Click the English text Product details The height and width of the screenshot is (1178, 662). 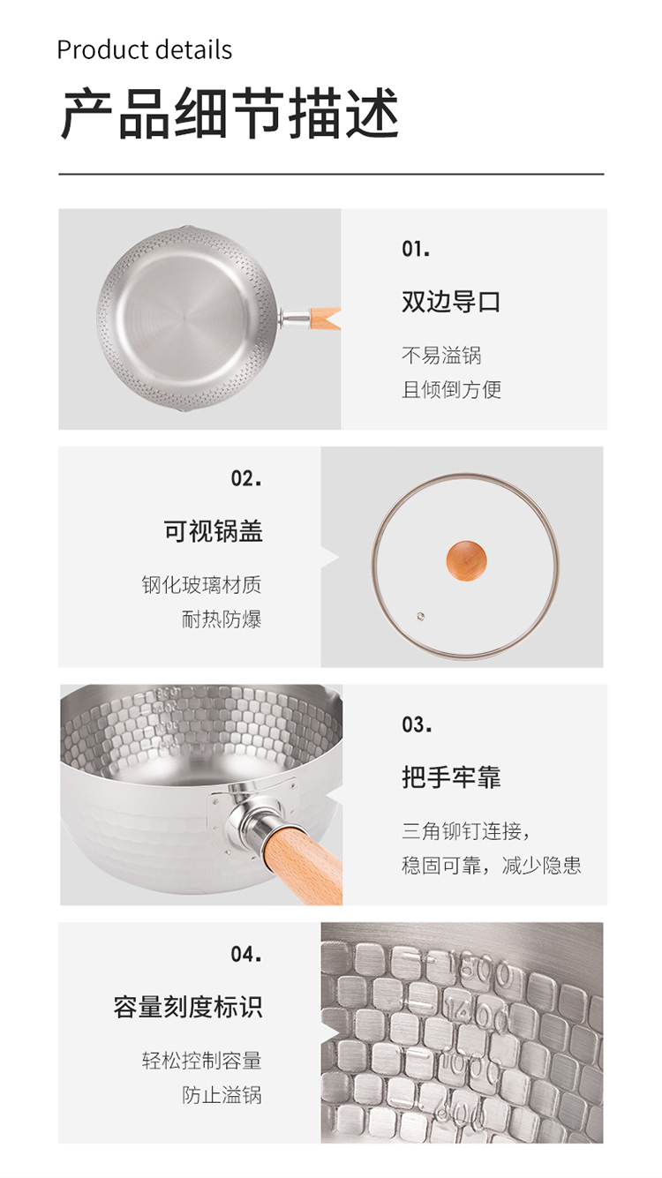click(x=144, y=50)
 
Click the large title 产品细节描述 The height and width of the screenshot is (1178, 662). click(x=230, y=114)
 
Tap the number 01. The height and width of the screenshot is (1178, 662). click(x=416, y=249)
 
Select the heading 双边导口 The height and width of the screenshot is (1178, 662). click(x=451, y=302)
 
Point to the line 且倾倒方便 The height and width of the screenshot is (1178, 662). click(x=451, y=390)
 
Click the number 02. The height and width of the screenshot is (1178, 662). click(x=245, y=478)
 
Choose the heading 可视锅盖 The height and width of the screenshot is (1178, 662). click(x=213, y=531)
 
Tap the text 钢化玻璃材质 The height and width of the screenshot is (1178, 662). click(x=201, y=585)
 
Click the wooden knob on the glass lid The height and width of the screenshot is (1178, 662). click(x=466, y=560)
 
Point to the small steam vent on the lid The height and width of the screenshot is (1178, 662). click(x=420, y=616)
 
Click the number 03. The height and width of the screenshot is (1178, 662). click(x=417, y=724)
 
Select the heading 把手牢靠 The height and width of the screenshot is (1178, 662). click(x=451, y=777)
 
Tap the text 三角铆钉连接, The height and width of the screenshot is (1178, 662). click(x=466, y=831)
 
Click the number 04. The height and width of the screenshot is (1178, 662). click(x=245, y=954)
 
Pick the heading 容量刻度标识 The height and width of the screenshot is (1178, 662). click(x=188, y=1007)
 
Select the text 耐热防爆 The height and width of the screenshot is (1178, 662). click(x=222, y=619)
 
